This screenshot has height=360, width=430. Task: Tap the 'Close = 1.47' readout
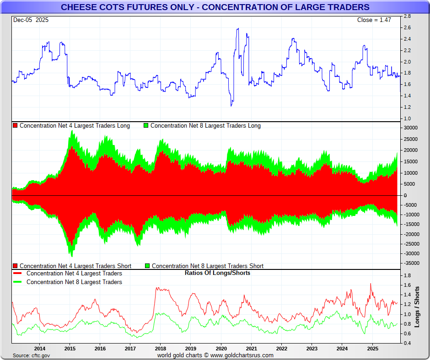(x=374, y=20)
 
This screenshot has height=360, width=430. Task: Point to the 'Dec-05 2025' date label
(x=31, y=20)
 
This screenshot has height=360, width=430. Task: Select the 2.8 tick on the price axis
(x=407, y=16)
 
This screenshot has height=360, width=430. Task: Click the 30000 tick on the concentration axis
(x=410, y=128)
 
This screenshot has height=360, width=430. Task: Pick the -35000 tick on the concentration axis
(x=411, y=263)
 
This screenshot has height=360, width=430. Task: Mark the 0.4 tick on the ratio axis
(x=407, y=343)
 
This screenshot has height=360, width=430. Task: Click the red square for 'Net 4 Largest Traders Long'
(x=16, y=126)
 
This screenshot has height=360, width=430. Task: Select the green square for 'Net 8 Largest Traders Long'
(x=146, y=126)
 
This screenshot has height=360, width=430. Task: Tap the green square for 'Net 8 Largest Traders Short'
(x=147, y=266)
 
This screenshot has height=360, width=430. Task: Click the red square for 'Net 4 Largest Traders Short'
(x=16, y=266)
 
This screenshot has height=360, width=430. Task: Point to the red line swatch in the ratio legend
(x=17, y=274)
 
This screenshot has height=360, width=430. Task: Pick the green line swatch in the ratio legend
(x=17, y=282)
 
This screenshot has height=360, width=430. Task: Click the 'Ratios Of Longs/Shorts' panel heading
(x=217, y=273)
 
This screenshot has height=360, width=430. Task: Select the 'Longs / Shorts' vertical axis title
(x=417, y=306)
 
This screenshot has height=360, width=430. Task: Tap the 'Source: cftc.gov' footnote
(x=32, y=355)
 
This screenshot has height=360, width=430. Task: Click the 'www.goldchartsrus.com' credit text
(x=242, y=355)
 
